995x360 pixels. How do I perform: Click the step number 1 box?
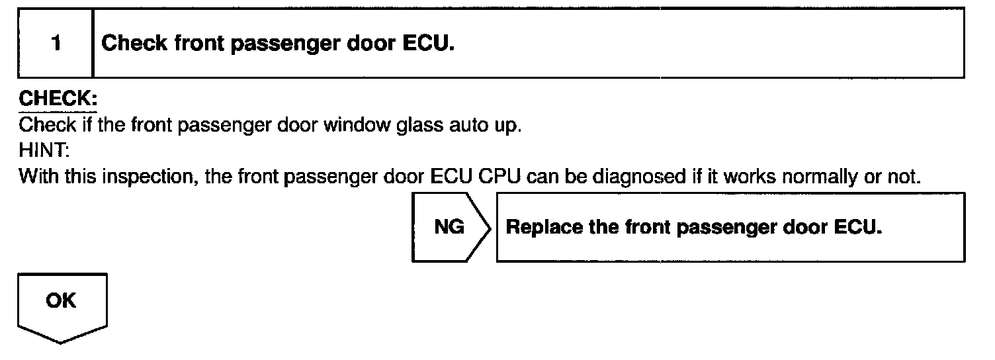pyautogui.click(x=56, y=44)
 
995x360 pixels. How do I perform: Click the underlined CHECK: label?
pyautogui.click(x=58, y=99)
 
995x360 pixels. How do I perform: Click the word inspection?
pyautogui.click(x=146, y=177)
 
